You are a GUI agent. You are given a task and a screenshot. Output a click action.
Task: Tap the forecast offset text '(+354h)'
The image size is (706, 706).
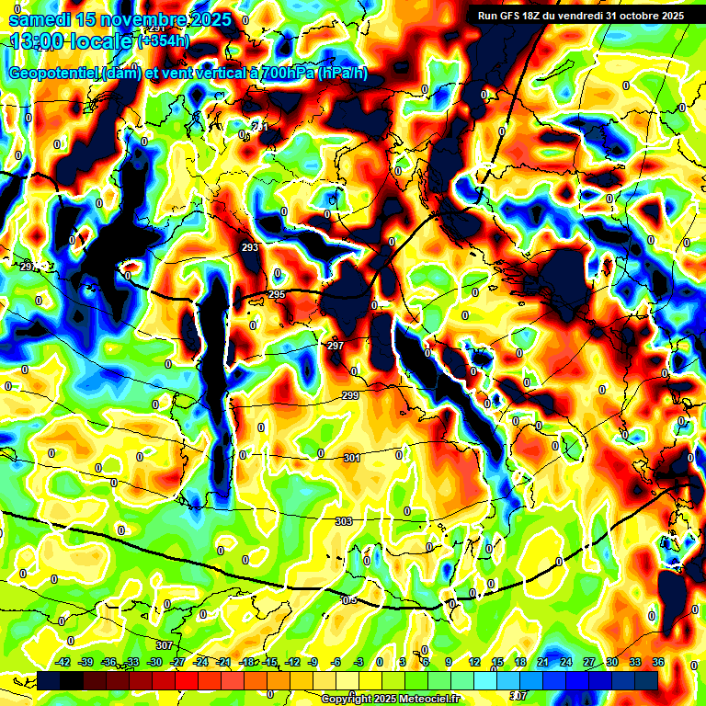(164, 41)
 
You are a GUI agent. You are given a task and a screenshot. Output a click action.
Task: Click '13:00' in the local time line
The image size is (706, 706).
(35, 41)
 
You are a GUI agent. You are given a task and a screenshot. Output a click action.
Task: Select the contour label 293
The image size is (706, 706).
(250, 248)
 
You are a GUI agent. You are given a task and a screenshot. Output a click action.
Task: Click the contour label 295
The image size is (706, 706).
(277, 294)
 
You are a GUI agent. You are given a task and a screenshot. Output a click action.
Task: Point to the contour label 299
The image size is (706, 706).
(350, 395)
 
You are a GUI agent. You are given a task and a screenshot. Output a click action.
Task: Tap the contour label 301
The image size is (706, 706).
(351, 458)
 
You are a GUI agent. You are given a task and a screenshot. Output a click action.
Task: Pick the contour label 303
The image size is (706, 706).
(344, 521)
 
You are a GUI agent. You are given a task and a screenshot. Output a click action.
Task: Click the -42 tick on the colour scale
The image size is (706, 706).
(63, 662)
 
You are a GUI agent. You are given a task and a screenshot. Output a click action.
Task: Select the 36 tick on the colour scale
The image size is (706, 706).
(657, 662)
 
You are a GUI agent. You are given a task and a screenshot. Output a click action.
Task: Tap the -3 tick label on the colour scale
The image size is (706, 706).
(358, 662)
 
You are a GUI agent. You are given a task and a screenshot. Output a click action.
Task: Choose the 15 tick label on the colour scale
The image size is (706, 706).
(497, 662)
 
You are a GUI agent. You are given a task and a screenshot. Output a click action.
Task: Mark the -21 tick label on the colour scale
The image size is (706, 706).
(223, 662)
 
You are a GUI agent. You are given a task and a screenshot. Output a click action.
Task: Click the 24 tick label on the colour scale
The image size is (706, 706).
(565, 662)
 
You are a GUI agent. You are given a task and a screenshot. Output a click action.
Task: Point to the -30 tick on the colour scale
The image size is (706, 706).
(154, 662)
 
